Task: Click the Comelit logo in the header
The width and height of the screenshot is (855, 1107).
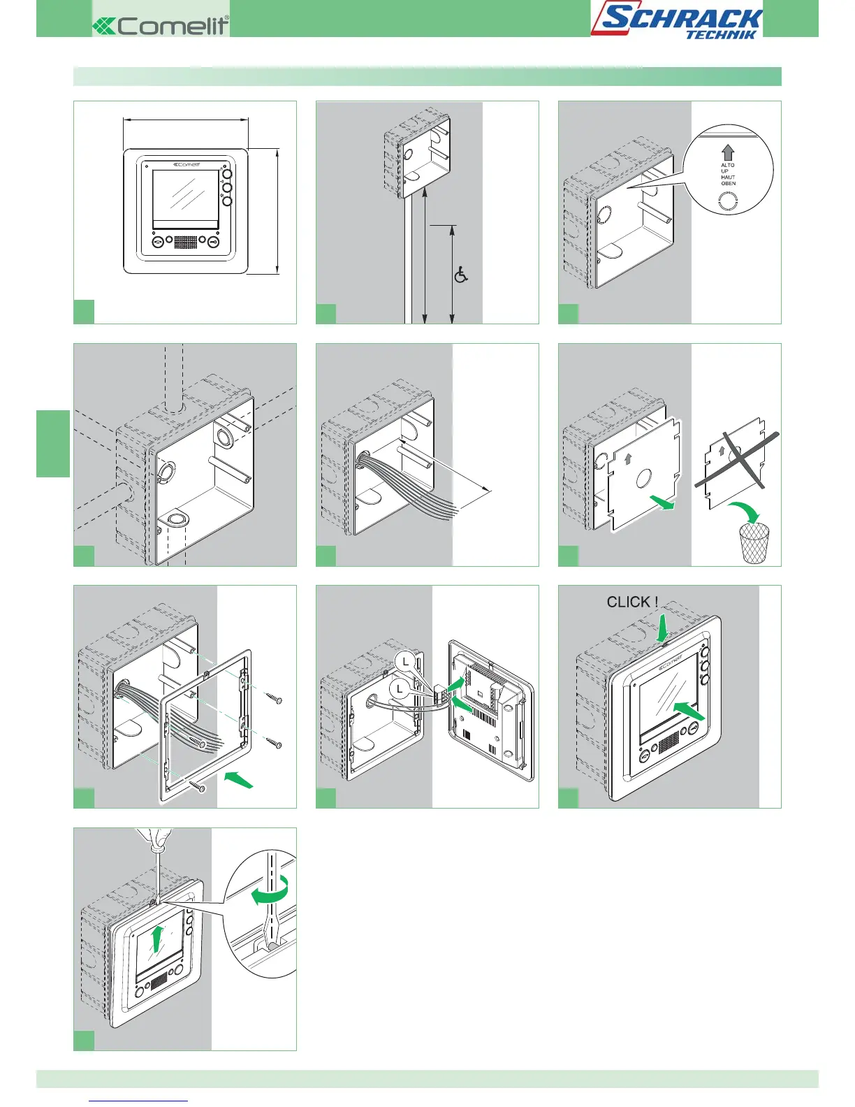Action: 161,26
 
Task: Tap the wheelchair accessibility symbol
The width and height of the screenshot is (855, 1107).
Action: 461,275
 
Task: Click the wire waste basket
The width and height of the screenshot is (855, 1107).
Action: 754,543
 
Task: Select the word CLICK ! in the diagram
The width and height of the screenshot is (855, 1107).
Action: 632,602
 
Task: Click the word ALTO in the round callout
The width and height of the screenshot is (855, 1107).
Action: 728,166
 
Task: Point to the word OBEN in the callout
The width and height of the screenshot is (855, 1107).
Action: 729,184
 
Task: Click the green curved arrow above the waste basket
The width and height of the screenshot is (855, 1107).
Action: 745,512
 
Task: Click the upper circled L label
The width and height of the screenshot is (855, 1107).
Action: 406,661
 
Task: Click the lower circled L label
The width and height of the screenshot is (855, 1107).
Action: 400,689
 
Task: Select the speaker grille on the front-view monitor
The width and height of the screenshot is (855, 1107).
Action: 185,243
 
